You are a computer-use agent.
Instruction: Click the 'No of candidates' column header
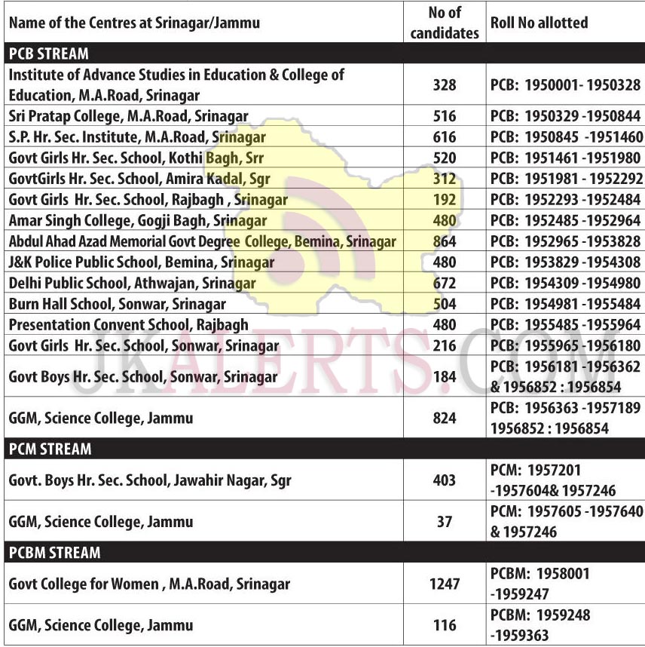pyautogui.click(x=445, y=23)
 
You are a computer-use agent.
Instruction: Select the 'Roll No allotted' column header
pyautogui.click(x=539, y=23)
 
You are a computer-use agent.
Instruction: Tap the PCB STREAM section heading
pyautogui.click(x=48, y=54)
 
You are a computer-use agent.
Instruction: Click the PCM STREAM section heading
pyautogui.click(x=50, y=449)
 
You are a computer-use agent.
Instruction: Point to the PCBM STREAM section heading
pyautogui.click(x=54, y=553)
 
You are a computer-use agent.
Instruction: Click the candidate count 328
pyautogui.click(x=445, y=85)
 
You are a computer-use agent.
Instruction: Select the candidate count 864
pyautogui.click(x=445, y=242)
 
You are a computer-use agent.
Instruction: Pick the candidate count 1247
pyautogui.click(x=445, y=584)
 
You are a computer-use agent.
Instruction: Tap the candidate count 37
pyautogui.click(x=445, y=522)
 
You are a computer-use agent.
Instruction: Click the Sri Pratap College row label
pyautogui.click(x=128, y=116)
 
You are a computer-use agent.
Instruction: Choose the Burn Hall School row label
pyautogui.click(x=117, y=305)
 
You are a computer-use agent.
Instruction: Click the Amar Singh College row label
pyautogui.click(x=138, y=221)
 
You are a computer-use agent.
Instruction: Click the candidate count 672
pyautogui.click(x=445, y=284)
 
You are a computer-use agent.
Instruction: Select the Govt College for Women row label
pyautogui.click(x=149, y=584)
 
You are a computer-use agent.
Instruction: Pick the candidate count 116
pyautogui.click(x=445, y=625)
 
